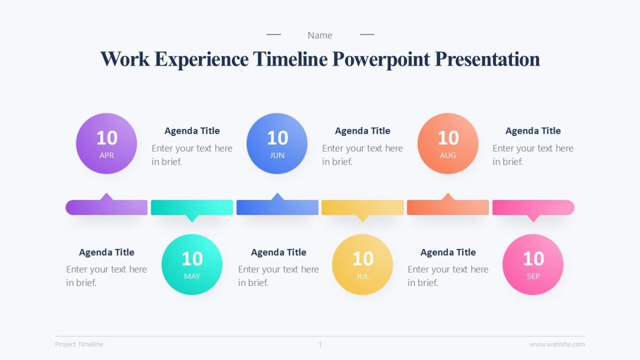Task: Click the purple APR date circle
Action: tap(107, 143)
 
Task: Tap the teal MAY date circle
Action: tap(192, 265)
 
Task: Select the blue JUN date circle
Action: tap(277, 143)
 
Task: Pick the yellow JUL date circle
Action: tap(363, 265)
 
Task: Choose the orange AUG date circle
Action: tap(448, 143)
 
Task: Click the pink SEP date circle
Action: tap(533, 265)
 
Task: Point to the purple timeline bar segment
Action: tap(107, 207)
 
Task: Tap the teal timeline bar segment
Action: tap(192, 207)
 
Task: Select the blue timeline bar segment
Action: tap(277, 207)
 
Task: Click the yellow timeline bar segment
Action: tap(363, 207)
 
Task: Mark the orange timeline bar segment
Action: tap(448, 207)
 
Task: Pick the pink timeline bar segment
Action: tap(533, 207)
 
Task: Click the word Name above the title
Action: tap(320, 35)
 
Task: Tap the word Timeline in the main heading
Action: tap(290, 59)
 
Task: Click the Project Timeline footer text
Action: tap(79, 345)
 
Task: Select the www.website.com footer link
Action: tap(557, 345)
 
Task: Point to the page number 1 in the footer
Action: tap(320, 345)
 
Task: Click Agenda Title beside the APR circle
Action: tap(192, 131)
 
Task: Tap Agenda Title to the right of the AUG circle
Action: tap(533, 131)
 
